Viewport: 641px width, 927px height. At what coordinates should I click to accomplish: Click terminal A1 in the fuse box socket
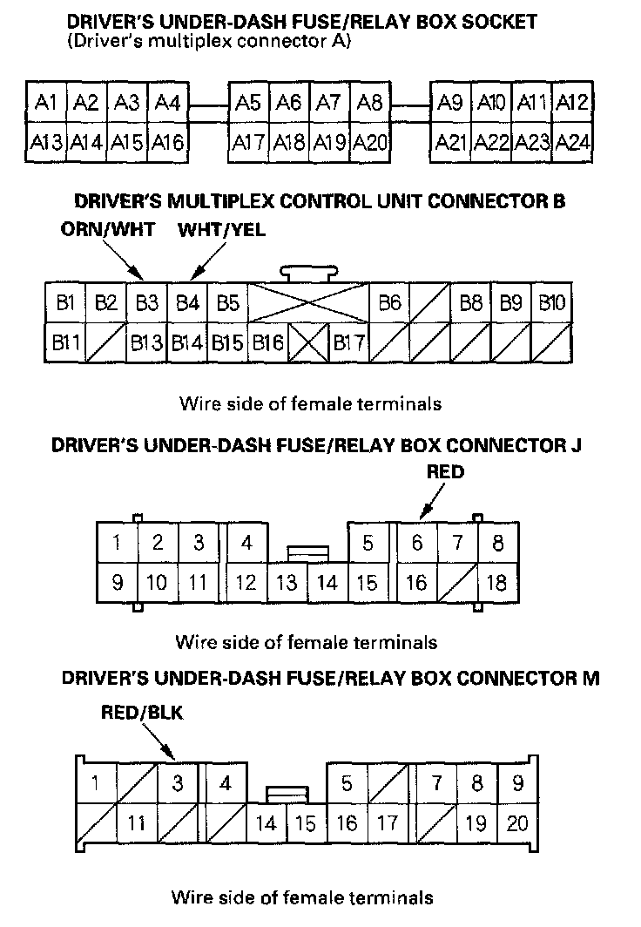pyautogui.click(x=46, y=104)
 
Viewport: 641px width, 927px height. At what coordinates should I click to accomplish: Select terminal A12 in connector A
pyautogui.click(x=572, y=104)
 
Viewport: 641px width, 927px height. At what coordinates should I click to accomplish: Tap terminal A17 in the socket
pyautogui.click(x=248, y=141)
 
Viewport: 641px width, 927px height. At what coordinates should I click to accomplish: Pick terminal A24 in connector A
pyautogui.click(x=572, y=141)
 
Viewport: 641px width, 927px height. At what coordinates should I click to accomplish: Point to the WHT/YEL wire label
pyautogui.click(x=221, y=230)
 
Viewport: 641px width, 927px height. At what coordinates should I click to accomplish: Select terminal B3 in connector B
pyautogui.click(x=146, y=303)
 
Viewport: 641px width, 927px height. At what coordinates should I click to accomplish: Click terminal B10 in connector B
pyautogui.click(x=552, y=303)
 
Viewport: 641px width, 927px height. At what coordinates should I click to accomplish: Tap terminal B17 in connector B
pyautogui.click(x=349, y=342)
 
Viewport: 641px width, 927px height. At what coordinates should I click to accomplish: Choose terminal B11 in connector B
pyautogui.click(x=64, y=342)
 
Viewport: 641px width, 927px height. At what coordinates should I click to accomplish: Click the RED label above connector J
pyautogui.click(x=445, y=472)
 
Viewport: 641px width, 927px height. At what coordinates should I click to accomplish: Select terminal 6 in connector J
pyautogui.click(x=417, y=544)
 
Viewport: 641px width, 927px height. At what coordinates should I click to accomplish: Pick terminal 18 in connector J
pyautogui.click(x=496, y=582)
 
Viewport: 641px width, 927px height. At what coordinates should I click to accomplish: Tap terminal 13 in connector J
pyautogui.click(x=287, y=583)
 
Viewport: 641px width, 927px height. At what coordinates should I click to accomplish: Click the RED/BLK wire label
pyautogui.click(x=142, y=713)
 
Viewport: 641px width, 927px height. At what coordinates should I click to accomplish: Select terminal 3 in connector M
pyautogui.click(x=178, y=783)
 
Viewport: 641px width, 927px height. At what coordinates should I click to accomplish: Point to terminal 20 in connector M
pyautogui.click(x=517, y=822)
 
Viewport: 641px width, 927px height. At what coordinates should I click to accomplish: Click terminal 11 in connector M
pyautogui.click(x=136, y=822)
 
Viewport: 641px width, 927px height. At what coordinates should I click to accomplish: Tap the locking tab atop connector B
pyautogui.click(x=309, y=273)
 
